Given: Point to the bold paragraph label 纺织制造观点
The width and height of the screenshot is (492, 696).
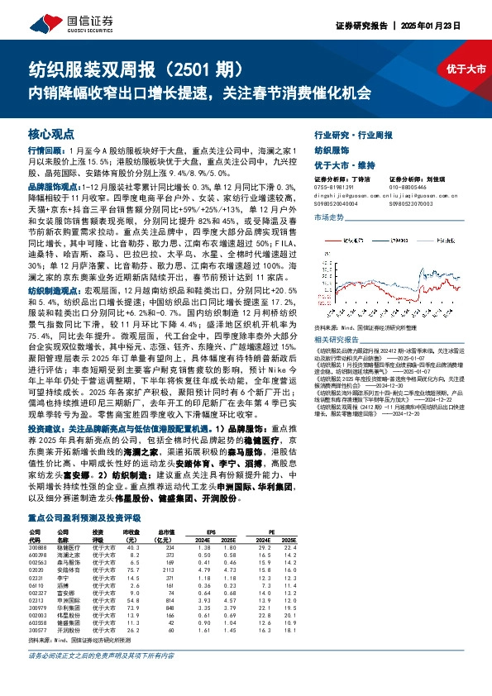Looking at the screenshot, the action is pyautogui.click(x=52, y=291).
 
